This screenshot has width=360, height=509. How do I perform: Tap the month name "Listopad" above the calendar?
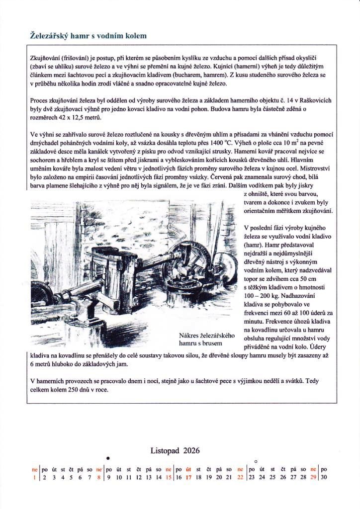(x=165, y=451)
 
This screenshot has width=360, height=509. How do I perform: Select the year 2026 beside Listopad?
(x=191, y=451)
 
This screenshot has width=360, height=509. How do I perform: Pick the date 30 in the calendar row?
(x=324, y=477)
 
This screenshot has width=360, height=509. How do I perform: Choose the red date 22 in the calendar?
(x=241, y=477)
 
